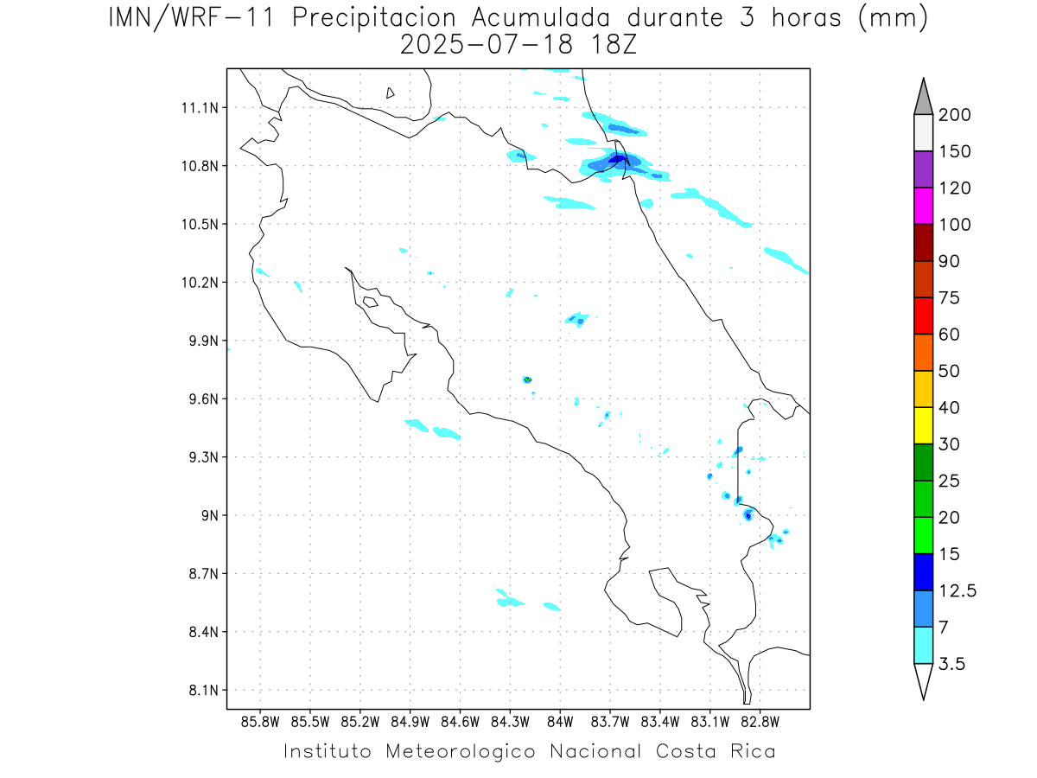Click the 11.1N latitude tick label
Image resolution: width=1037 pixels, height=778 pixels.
(197, 107)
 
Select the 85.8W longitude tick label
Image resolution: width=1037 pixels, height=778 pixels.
(260, 721)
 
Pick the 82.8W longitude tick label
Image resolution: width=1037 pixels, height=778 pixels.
(760, 721)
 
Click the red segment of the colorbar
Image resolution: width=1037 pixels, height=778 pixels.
(923, 316)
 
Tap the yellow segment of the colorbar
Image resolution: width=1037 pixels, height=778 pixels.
(923, 425)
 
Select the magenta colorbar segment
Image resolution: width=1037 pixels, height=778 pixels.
(923, 206)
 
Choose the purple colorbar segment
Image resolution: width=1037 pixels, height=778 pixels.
(923, 169)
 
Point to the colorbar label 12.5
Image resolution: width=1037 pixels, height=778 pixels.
(958, 590)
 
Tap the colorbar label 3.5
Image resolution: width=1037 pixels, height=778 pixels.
(953, 664)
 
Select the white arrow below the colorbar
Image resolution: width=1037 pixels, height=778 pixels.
(923, 680)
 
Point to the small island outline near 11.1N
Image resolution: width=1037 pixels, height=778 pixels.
(391, 92)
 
